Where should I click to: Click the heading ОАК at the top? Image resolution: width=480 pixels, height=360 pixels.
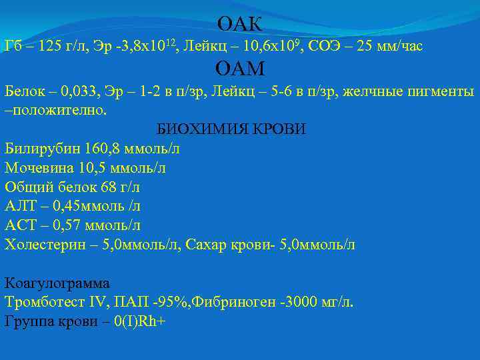tap(240, 25)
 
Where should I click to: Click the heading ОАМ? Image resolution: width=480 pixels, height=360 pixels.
tap(240, 69)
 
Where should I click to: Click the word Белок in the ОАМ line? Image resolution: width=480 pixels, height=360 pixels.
tap(22, 91)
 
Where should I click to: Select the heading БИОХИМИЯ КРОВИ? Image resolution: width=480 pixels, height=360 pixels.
tap(231, 129)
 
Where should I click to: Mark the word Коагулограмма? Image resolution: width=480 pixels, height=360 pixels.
tap(57, 283)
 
